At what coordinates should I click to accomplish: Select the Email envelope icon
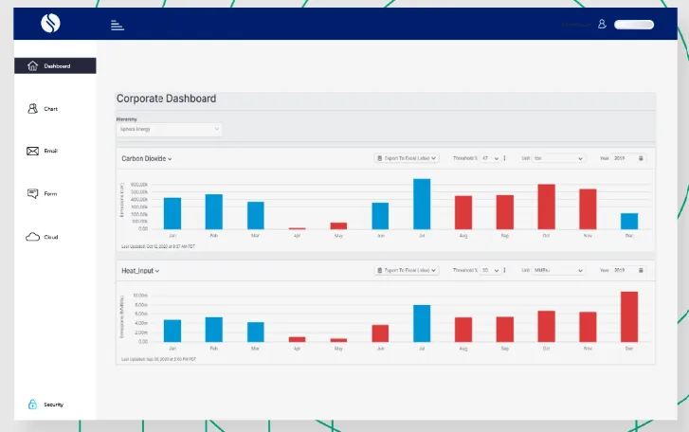tap(32, 151)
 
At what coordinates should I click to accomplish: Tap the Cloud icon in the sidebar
tap(32, 237)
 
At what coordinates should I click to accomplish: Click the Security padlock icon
tap(32, 405)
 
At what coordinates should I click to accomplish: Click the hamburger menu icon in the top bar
tap(117, 25)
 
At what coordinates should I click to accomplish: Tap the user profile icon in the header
tap(601, 24)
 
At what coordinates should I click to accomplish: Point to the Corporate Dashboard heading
tap(166, 99)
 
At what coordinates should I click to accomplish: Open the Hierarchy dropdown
tap(170, 129)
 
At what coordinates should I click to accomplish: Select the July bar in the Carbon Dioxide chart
tap(422, 204)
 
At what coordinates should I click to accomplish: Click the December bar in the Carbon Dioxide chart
tap(629, 221)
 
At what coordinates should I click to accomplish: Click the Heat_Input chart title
tap(140, 271)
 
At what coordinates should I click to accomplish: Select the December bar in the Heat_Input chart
tap(629, 316)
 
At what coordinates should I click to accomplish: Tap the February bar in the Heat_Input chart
tap(214, 330)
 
